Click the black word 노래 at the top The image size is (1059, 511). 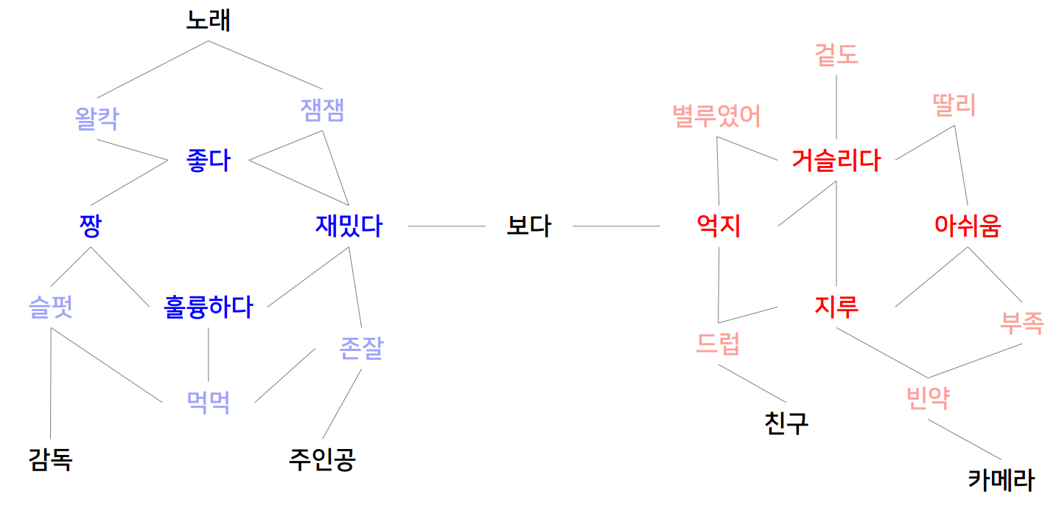208,21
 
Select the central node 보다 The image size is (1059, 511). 528,226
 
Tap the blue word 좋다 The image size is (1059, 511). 209,161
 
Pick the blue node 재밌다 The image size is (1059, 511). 349,226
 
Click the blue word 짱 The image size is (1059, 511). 90,226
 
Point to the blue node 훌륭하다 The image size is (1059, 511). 208,307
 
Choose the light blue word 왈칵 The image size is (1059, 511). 97,118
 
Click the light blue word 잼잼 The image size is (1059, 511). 323,111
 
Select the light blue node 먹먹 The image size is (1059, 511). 208,402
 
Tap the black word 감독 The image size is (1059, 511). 50,460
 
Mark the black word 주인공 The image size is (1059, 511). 323,460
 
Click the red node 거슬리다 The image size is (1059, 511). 836,160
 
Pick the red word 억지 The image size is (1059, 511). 719,226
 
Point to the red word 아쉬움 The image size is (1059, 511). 967,226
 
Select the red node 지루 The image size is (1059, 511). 836,307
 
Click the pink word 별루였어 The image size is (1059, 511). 716,117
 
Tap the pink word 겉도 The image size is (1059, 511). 836,54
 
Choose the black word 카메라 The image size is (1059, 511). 1000,481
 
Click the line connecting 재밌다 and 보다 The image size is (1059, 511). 446,226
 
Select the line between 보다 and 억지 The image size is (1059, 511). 616,226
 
